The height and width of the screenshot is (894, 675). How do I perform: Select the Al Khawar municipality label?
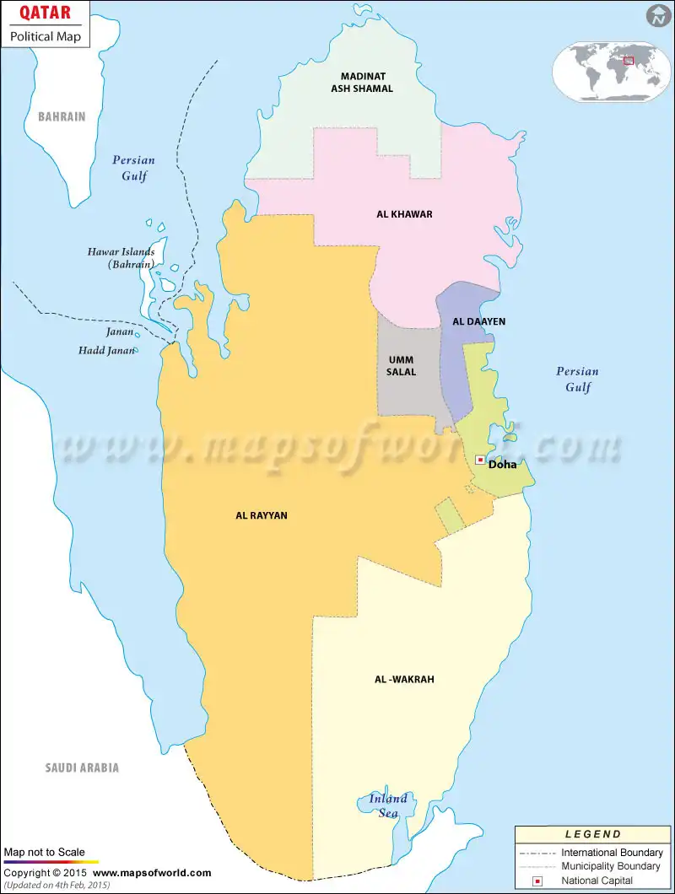404,214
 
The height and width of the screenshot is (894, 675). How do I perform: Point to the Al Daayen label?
479,321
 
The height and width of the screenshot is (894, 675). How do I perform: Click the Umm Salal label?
401,366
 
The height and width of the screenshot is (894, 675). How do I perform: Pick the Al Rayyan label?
262,515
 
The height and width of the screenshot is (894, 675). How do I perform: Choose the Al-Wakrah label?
404,679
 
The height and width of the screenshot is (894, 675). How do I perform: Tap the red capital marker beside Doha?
480,460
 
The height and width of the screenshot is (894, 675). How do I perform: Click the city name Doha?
503,464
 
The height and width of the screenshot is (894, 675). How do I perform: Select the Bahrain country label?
62,116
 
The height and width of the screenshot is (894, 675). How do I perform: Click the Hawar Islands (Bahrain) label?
121,257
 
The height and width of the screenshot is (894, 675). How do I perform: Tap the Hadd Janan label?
106,350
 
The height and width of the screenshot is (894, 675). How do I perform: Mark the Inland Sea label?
388,805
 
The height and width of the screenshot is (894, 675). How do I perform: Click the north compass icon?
658,16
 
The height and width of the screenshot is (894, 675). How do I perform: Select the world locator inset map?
612,71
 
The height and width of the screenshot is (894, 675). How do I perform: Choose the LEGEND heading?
592,834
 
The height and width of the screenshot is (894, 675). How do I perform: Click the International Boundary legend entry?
612,853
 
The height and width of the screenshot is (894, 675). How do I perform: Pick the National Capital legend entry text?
597,881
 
